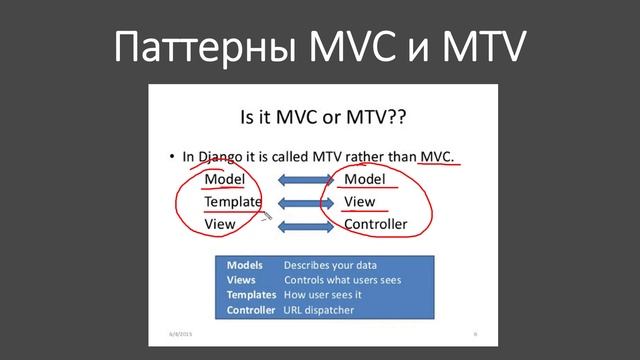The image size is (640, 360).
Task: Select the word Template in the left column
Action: click(x=233, y=202)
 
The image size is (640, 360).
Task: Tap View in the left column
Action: click(x=220, y=224)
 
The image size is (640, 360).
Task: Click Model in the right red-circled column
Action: click(x=364, y=179)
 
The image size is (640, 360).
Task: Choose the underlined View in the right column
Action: click(x=360, y=202)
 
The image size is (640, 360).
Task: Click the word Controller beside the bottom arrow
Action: click(x=376, y=224)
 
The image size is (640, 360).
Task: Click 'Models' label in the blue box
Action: click(x=245, y=265)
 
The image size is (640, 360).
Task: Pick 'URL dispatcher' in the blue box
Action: click(x=319, y=310)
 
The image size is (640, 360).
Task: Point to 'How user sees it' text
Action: click(x=323, y=295)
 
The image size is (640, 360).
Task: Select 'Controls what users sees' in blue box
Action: click(x=342, y=280)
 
